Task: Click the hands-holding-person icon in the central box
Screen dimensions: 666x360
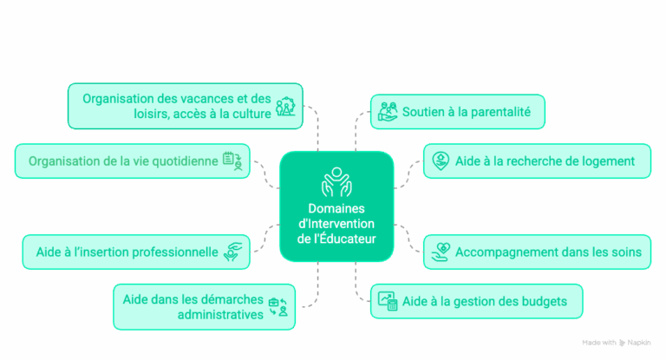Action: point(336,182)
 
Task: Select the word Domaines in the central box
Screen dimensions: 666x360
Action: point(336,208)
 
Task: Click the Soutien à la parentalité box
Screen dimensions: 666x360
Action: point(458,112)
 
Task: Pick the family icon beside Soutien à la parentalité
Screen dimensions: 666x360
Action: point(388,111)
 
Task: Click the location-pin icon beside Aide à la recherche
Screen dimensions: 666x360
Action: point(441,161)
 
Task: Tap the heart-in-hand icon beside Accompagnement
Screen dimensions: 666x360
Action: point(441,252)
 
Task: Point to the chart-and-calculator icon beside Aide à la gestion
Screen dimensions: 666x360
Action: point(388,301)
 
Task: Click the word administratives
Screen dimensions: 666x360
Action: point(220,315)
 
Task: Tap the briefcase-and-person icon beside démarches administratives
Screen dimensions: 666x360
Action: point(278,307)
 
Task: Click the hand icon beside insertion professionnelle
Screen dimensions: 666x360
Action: point(233,252)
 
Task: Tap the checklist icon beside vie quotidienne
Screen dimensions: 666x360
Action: point(232,161)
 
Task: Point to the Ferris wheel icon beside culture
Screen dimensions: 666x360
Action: point(285,106)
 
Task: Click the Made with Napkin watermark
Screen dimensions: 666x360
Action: point(617,343)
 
